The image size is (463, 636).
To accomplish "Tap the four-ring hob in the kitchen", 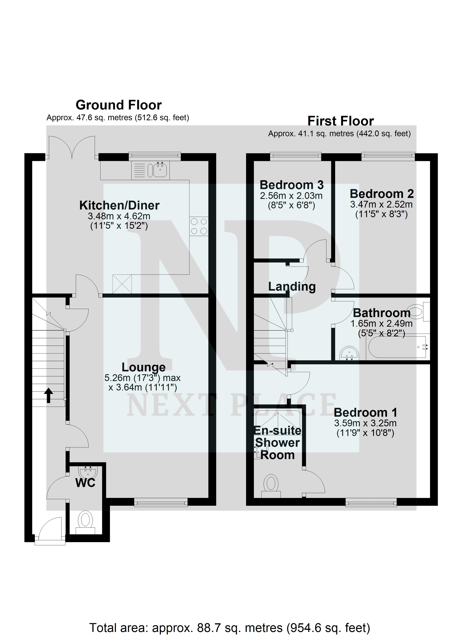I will coord(199,226).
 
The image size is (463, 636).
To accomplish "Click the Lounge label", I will coord(144,367).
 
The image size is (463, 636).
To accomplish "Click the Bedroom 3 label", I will coord(291,185).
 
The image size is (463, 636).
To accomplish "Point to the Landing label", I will coord(292,287).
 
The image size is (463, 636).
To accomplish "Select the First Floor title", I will coord(340,121).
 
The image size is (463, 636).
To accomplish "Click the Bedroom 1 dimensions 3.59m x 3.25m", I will coord(365,423).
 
